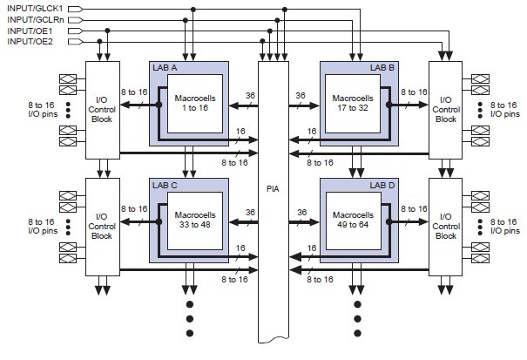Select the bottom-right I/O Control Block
[446, 224]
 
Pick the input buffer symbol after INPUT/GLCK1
[75, 9]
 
